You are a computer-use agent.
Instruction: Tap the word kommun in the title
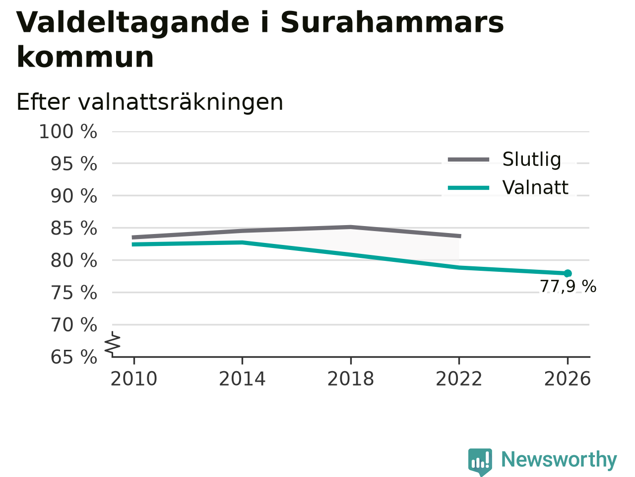[85, 57]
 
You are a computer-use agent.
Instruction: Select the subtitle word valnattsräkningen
[181, 102]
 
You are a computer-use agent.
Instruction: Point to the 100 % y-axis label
[68, 132]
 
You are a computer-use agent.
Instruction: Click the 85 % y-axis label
[74, 228]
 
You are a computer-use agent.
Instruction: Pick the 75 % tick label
[74, 293]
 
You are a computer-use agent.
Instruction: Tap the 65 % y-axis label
[74, 357]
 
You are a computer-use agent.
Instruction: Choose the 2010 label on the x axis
[133, 379]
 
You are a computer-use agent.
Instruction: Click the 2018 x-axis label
[351, 379]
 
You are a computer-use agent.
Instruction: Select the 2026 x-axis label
[568, 379]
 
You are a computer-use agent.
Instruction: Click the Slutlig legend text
[532, 159]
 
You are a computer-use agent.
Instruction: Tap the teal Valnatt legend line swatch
[468, 188]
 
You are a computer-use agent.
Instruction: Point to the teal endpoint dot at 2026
[568, 273]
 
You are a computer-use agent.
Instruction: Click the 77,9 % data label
[568, 286]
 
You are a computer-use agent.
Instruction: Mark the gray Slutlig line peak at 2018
[351, 227]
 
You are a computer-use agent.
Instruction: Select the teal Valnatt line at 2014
[243, 242]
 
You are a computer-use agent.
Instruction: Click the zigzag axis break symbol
[113, 344]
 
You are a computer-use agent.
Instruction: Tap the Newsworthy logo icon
[480, 462]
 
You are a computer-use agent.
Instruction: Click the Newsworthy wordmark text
[559, 460]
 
